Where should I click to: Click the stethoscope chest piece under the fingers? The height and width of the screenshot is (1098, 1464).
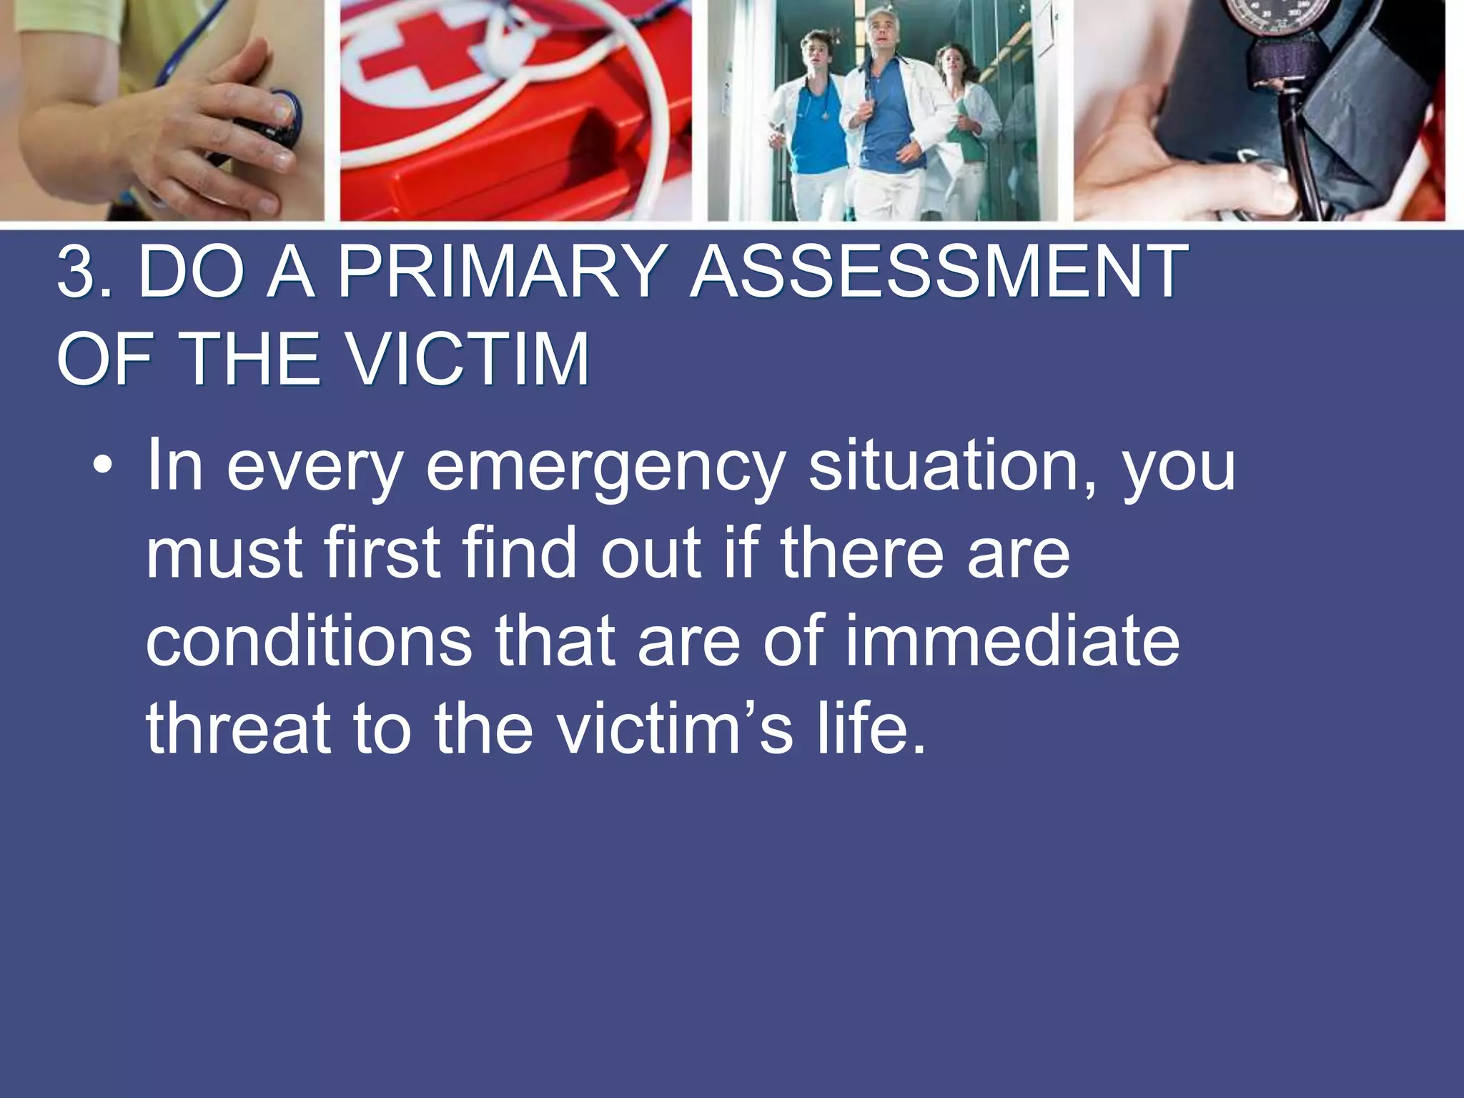point(282,118)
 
